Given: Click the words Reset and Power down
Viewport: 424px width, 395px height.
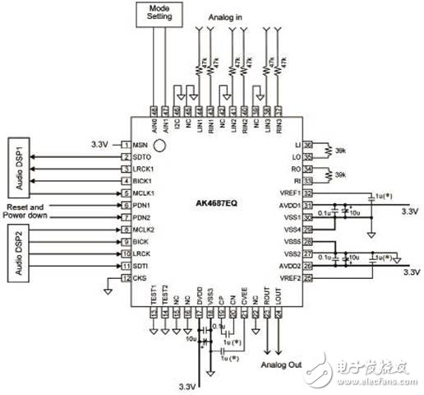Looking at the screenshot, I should (37, 211).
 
